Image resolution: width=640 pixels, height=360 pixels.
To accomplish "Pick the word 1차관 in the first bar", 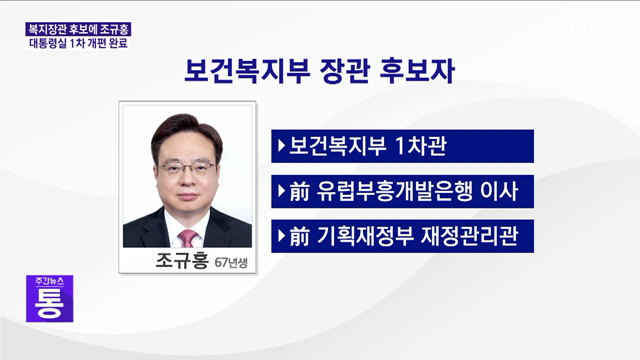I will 419,146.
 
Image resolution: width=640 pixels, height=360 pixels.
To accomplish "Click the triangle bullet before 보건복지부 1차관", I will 279,146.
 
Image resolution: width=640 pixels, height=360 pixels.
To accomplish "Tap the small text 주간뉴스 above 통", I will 49,277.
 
